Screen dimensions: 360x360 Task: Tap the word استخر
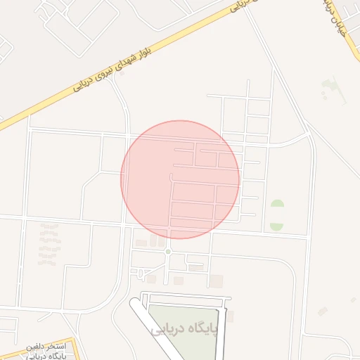pyautogui.click(x=55, y=347)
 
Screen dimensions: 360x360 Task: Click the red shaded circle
pyautogui.click(x=180, y=179)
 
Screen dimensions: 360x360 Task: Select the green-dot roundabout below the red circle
pyautogui.click(x=168, y=252)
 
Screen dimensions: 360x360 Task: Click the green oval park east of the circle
pyautogui.click(x=277, y=215)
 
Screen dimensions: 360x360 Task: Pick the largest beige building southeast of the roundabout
pyautogui.click(x=216, y=281)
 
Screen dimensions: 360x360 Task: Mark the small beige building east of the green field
pyautogui.click(x=229, y=317)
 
